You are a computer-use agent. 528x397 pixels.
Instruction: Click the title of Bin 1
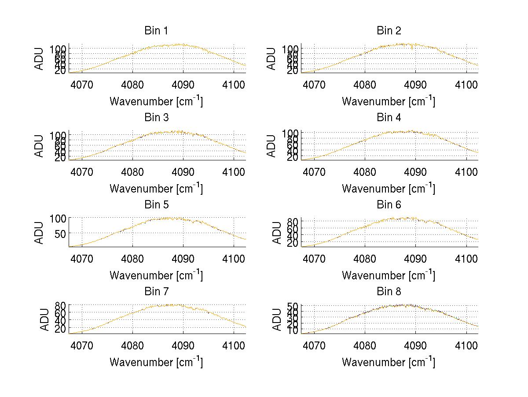[x=156, y=31]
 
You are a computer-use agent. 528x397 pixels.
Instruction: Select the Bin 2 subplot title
[x=389, y=31]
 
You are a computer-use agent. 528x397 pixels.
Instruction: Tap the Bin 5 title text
[x=156, y=205]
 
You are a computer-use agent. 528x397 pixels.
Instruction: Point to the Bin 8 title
[x=389, y=292]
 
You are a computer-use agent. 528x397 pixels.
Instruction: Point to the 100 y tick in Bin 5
[x=58, y=218]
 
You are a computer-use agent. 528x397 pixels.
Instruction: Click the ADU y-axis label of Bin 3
[x=40, y=146]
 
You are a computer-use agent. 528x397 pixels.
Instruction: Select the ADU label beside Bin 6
[x=277, y=233]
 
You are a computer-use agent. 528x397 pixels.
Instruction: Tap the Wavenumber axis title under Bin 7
[x=156, y=362]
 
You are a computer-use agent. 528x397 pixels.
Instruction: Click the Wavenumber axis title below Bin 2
[x=389, y=101]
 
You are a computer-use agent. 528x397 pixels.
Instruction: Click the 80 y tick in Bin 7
[x=60, y=305]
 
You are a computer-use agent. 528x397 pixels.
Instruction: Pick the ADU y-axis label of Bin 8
[x=277, y=319]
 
